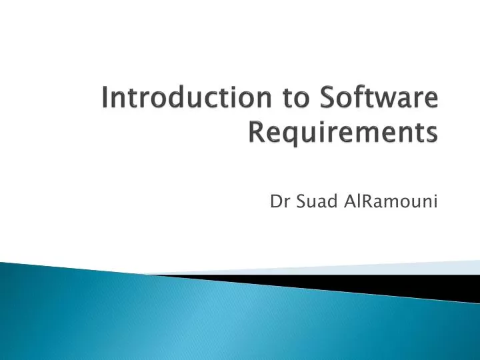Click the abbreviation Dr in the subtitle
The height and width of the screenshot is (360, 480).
[278, 201]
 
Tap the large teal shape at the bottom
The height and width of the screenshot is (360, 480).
[200, 320]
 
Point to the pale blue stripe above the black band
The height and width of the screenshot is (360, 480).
[400, 268]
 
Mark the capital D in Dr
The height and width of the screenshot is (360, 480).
[275, 201]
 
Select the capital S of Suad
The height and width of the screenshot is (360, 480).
[297, 201]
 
